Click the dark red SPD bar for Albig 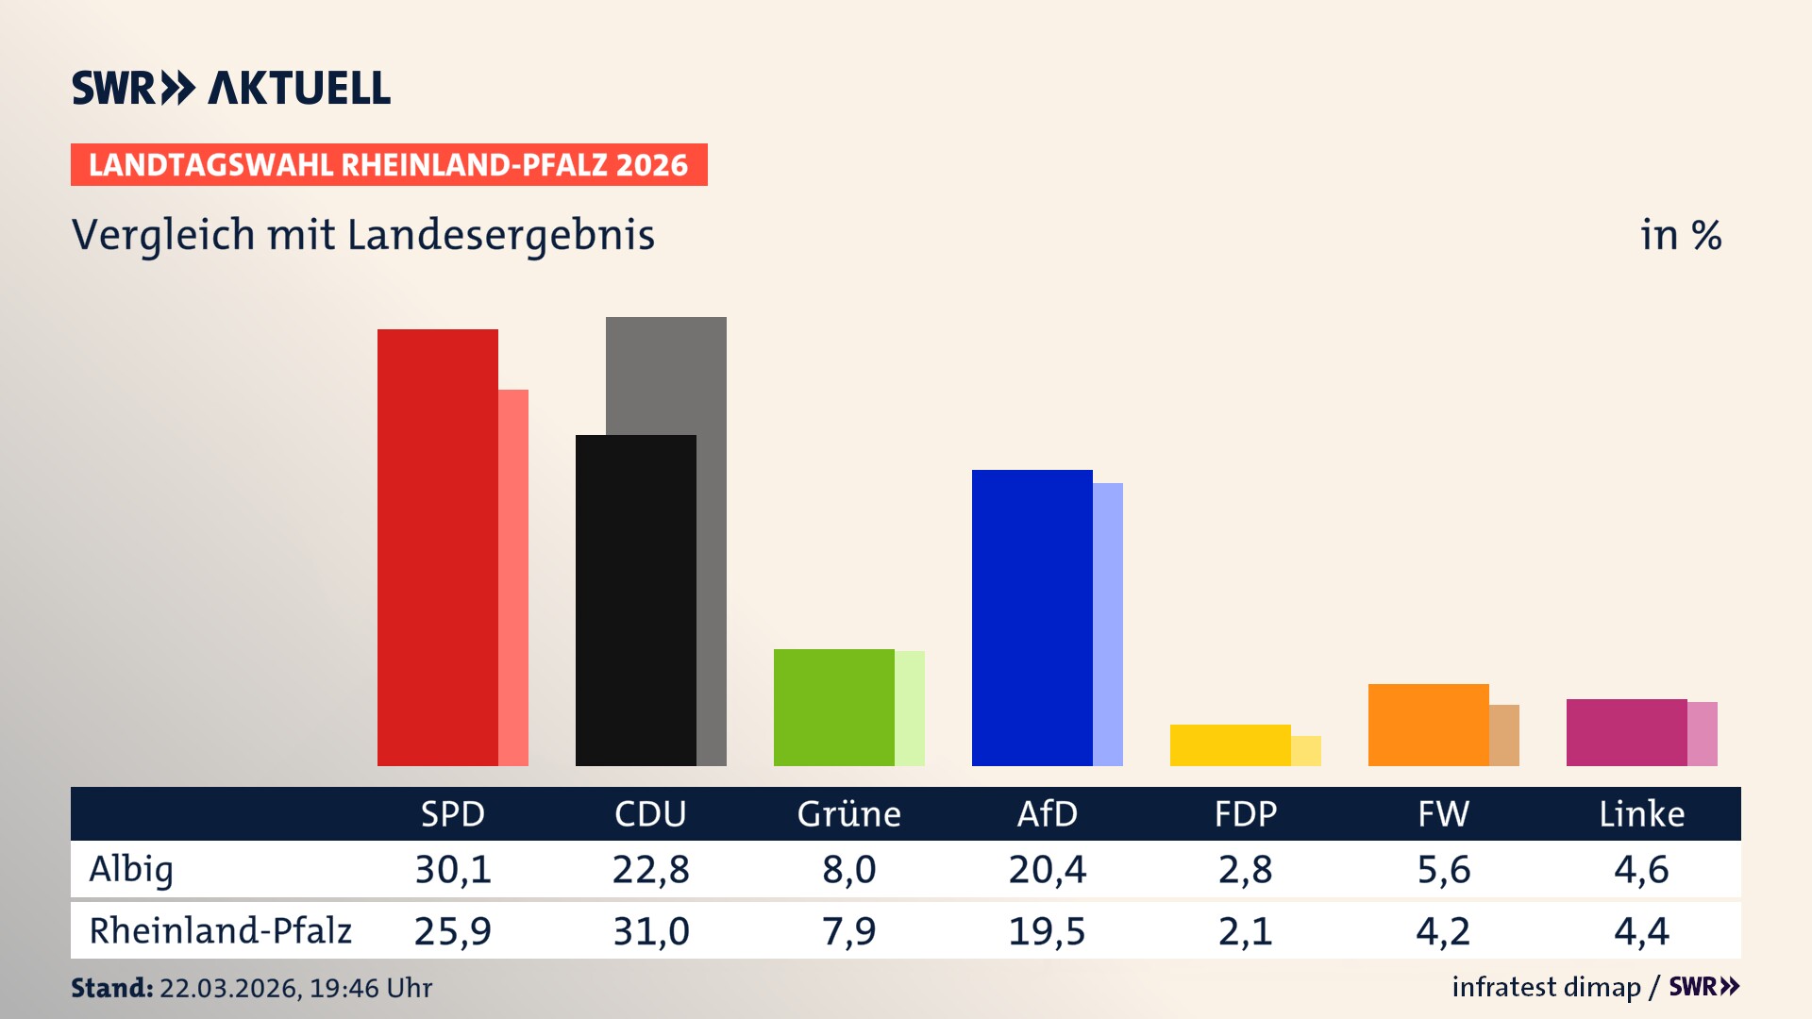click(437, 547)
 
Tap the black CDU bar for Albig click(635, 600)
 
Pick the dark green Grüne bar click(833, 707)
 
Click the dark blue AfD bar click(1032, 617)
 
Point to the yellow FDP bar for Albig click(1230, 744)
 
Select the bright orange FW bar click(1428, 725)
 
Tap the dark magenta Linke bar click(1626, 732)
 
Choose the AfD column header click(1047, 813)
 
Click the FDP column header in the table click(1245, 813)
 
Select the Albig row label click(131, 869)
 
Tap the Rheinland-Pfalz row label click(220, 930)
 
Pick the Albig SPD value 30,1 click(453, 869)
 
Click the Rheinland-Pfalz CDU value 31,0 click(651, 931)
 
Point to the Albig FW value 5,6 click(1443, 869)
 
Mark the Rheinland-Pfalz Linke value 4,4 click(1641, 931)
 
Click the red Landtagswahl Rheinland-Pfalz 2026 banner click(389, 165)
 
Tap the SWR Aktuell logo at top click(231, 88)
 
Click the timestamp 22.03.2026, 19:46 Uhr click(295, 988)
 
